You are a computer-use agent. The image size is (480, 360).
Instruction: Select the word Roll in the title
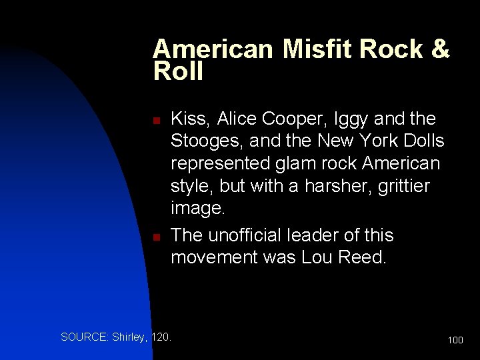tap(178, 71)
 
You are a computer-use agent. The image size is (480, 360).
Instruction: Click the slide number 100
tap(455, 340)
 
